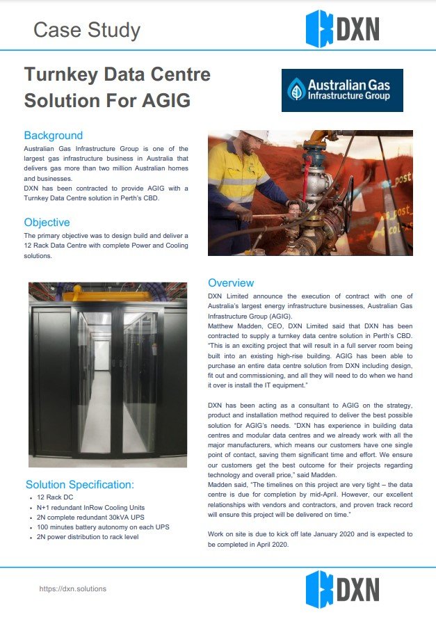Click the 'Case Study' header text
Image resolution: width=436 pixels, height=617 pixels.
click(x=86, y=30)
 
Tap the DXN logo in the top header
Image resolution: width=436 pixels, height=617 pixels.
click(x=342, y=29)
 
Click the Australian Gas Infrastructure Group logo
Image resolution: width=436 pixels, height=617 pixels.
click(x=342, y=90)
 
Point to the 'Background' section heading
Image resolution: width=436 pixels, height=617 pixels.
click(x=53, y=135)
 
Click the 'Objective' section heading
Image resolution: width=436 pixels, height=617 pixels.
click(x=47, y=223)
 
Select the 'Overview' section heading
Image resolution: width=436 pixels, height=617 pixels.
click(x=231, y=283)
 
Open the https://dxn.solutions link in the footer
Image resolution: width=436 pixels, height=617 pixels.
click(x=72, y=588)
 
